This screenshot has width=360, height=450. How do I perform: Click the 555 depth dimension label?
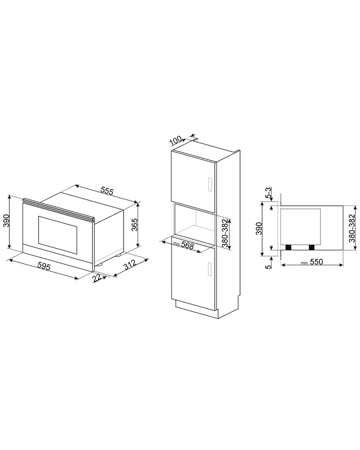tap(107, 191)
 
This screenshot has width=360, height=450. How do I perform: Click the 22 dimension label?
tap(97, 279)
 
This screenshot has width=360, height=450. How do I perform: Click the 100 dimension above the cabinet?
tap(175, 141)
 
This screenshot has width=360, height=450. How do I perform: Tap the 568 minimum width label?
tap(188, 246)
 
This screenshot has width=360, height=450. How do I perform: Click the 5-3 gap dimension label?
tap(269, 193)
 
